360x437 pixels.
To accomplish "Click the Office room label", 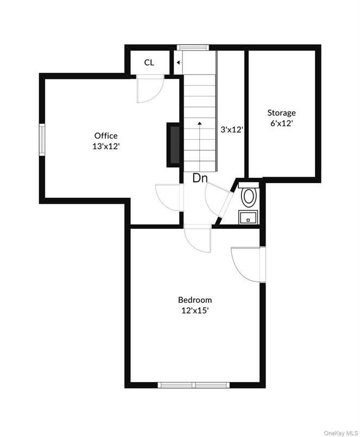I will point(105,135).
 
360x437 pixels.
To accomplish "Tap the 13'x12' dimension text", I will point(105,146).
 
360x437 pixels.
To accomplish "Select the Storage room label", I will point(281,113).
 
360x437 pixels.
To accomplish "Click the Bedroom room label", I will point(195,299).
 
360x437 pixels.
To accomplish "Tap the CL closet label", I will point(149,63).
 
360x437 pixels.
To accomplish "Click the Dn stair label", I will point(200,178).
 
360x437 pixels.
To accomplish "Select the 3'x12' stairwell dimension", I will point(231,130).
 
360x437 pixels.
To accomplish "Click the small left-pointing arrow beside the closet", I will point(178,63).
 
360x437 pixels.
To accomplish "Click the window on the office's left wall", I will point(42,140).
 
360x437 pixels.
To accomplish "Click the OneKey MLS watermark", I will point(340,432).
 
